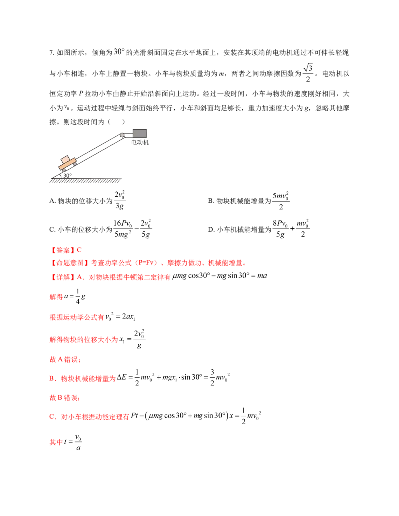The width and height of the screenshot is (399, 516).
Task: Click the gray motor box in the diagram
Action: tap(139, 133)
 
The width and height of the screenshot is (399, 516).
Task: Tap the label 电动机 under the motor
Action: tap(140, 142)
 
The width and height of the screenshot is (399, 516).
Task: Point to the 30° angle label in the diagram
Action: tap(67, 175)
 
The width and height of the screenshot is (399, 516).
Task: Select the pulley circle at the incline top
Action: tap(122, 135)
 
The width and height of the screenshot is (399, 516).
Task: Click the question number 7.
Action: tap(52, 53)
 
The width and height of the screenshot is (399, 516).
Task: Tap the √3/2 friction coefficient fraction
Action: tap(308, 73)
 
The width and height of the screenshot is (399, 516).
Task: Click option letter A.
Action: tap(53, 201)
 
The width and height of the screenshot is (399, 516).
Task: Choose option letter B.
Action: tap(211, 201)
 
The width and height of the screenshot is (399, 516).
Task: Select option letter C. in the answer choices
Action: tap(53, 229)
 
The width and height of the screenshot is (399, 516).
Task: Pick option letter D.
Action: tap(211, 229)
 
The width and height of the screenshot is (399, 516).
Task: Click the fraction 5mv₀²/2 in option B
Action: tap(281, 201)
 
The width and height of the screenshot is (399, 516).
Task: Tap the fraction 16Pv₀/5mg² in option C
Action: tap(123, 229)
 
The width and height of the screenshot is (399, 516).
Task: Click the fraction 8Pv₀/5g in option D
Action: tap(280, 229)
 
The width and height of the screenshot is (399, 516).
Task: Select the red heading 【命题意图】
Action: tap(70, 263)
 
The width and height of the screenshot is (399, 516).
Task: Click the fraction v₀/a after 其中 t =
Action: tap(78, 442)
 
